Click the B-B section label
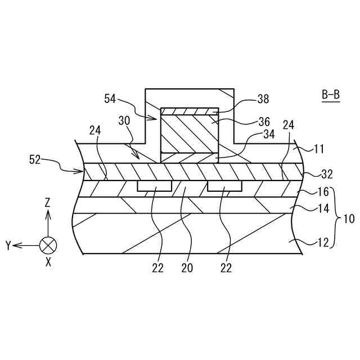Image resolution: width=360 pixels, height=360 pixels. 331,94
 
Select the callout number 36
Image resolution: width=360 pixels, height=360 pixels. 263,121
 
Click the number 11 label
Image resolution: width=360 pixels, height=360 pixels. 318,150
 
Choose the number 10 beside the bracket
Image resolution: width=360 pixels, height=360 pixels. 349,219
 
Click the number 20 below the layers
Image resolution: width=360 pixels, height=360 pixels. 186,269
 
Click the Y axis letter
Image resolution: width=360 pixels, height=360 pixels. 9,245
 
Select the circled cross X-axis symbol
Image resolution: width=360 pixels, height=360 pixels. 48,245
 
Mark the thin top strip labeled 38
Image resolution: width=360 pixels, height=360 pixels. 189,111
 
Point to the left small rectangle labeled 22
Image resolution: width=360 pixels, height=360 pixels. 155,186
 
